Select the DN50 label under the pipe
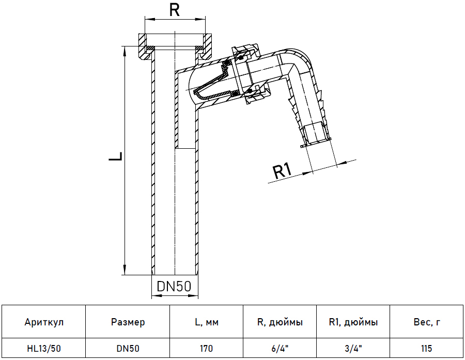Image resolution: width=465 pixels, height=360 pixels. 174,286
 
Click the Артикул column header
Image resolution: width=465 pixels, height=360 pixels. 44,322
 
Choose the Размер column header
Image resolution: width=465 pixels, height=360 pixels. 128,322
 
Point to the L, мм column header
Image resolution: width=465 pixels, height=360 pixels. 206,322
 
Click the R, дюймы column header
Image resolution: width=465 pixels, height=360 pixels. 280,322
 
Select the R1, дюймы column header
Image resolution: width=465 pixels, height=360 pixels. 353,322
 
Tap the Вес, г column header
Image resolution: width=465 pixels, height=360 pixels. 426,322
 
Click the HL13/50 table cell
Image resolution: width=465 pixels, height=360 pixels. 44,349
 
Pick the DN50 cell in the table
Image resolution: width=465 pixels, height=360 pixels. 128,349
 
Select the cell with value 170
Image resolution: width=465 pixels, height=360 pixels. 206,349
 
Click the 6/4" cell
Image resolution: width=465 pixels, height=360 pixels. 280,349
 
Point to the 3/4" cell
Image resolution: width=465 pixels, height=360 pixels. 353,349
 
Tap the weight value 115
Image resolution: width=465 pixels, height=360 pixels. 426,349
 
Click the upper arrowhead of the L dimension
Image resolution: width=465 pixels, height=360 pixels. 125,48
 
